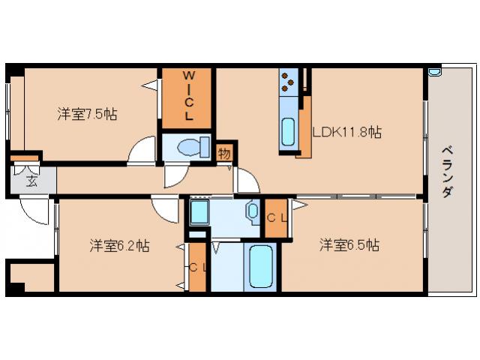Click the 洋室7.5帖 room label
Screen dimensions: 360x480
tap(87, 115)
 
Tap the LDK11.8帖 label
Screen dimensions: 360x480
tap(347, 133)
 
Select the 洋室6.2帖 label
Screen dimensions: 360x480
tap(119, 246)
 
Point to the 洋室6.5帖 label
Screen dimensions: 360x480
tap(349, 245)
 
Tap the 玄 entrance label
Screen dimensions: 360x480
tap(31, 180)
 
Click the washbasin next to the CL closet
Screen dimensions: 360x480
tap(253, 211)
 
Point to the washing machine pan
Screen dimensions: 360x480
tap(199, 213)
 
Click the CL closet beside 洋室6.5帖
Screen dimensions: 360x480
tap(274, 217)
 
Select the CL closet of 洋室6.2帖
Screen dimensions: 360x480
tap(197, 267)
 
